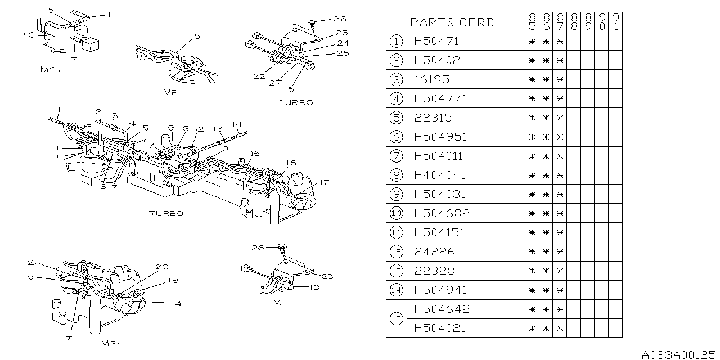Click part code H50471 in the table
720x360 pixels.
(x=436, y=41)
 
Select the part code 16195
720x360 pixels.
(x=431, y=79)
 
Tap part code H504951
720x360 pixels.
(x=440, y=137)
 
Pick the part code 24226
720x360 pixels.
(x=434, y=251)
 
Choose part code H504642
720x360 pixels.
(x=441, y=309)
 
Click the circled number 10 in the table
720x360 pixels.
(x=396, y=213)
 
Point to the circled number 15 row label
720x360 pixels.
(x=396, y=318)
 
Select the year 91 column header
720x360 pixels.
(x=615, y=22)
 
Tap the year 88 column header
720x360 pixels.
(x=573, y=22)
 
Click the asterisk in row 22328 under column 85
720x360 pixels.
(x=532, y=271)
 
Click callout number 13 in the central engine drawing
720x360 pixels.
(x=218, y=128)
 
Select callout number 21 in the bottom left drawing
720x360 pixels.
(x=33, y=263)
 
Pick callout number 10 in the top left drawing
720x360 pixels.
(x=30, y=35)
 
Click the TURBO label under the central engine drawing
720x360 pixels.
(x=166, y=214)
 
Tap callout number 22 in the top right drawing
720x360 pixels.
(x=259, y=76)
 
